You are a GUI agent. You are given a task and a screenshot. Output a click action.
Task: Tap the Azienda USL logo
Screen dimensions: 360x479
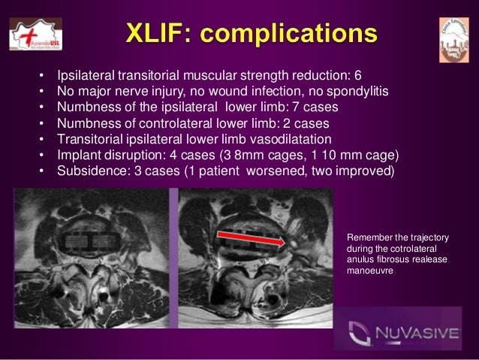(x=35, y=35)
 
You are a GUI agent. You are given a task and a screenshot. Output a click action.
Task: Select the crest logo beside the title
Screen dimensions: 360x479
(x=453, y=40)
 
